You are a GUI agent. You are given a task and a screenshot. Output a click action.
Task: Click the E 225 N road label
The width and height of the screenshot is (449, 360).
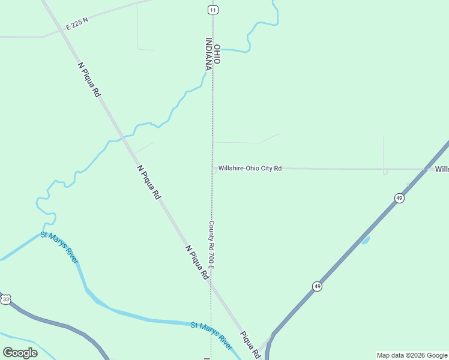[77, 23]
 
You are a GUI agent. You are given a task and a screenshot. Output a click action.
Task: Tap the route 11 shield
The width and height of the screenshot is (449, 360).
[212, 10]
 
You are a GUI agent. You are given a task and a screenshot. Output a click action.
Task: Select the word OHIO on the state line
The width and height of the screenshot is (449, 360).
[217, 55]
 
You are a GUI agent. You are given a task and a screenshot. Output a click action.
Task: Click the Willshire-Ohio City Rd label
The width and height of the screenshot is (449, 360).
[250, 169]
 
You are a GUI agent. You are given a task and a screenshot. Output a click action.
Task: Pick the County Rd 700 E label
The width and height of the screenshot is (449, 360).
[211, 244]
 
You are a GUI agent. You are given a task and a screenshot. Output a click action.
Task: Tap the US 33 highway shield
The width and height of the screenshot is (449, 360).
[6, 299]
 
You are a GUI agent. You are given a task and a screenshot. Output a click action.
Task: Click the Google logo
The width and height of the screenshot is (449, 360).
[20, 353]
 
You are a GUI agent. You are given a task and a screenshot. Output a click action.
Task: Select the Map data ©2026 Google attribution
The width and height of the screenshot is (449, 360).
[412, 355]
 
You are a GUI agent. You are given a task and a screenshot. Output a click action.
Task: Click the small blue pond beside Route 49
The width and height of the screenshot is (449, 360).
[365, 241]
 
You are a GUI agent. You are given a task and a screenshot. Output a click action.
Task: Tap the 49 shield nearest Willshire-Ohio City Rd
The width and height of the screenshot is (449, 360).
[399, 198]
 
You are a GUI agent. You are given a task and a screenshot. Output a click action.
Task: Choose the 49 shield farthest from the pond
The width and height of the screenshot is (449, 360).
[317, 286]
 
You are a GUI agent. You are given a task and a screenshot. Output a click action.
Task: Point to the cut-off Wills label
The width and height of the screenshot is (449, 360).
[442, 169]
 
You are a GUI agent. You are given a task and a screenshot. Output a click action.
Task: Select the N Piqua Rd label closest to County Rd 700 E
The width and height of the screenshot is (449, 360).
[197, 262]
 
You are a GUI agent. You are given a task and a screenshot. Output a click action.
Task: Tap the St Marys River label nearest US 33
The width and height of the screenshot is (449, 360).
[59, 247]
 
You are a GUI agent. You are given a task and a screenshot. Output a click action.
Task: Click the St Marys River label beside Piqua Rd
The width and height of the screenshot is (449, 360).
[211, 337]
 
